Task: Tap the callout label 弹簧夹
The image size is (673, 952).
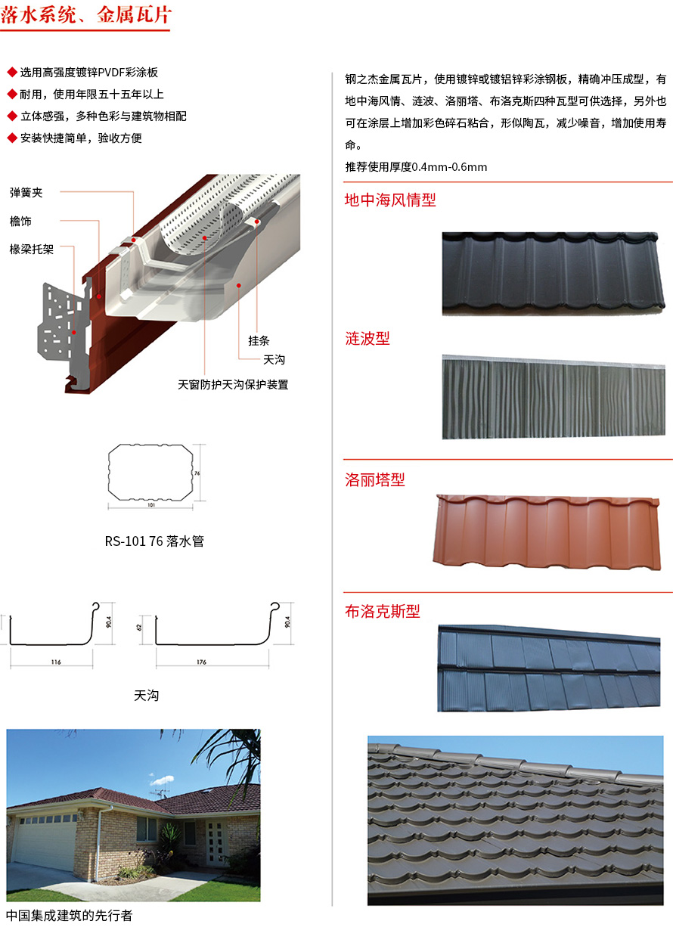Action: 26,193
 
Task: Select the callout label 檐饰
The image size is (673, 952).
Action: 20,221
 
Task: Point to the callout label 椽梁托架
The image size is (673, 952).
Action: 31,249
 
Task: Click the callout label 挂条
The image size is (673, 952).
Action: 259,340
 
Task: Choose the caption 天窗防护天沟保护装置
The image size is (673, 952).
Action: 233,384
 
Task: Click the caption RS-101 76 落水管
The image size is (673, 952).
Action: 154,541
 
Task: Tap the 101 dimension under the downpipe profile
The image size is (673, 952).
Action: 150,504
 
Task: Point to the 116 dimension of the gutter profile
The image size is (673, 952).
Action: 56,662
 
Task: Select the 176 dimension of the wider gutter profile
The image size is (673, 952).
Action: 201,662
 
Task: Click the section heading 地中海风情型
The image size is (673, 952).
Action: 390,200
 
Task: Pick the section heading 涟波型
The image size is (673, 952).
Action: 368,338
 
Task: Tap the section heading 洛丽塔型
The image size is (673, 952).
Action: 375,479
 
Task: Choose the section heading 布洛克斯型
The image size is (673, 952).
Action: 383,611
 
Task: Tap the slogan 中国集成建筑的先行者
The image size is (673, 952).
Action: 69,915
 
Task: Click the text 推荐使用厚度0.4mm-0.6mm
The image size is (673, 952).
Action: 416,166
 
